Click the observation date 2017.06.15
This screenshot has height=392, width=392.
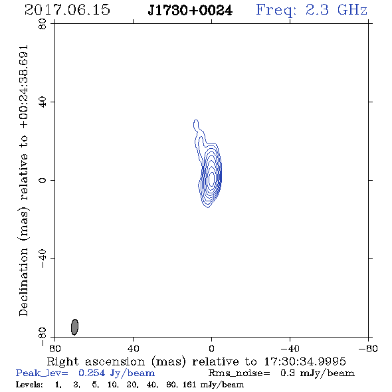(67, 10)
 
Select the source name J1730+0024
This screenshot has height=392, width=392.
(190, 11)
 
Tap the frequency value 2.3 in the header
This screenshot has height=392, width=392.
(317, 10)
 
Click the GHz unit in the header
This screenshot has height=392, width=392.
(352, 10)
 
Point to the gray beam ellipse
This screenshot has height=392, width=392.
(74, 327)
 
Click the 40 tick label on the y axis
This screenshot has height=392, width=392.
(43, 102)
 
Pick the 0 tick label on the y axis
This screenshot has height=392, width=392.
(43, 180)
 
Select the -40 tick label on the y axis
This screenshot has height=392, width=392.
(43, 258)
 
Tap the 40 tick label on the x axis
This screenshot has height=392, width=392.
(133, 349)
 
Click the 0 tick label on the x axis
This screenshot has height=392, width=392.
(211, 349)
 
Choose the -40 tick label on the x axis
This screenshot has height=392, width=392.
(290, 349)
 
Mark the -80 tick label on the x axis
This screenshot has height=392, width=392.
(368, 349)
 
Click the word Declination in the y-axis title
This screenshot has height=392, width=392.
(23, 282)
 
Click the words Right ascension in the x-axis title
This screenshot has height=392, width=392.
(96, 362)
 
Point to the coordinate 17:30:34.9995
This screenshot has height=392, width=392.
(305, 361)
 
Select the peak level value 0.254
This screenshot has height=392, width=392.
(92, 373)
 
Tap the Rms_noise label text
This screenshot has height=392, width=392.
(239, 373)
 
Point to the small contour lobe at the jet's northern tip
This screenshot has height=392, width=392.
(196, 124)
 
